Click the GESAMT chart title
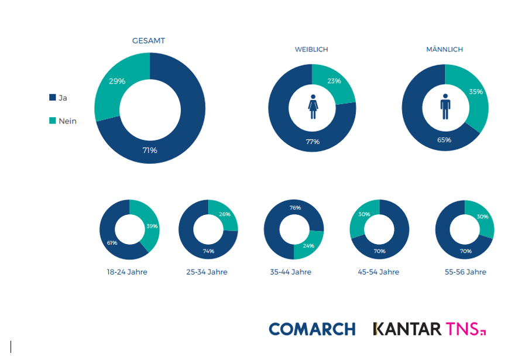[148, 41]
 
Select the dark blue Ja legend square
[53, 98]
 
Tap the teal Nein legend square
[53, 121]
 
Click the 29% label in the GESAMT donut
[117, 81]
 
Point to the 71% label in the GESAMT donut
[150, 150]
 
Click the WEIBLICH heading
[311, 50]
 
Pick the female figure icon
[313, 107]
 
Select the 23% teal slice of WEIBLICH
[334, 81]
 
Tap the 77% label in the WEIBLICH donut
[312, 142]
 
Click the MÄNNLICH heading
[445, 50]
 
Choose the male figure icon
[445, 107]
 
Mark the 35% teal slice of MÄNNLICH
[475, 92]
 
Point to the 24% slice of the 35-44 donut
[308, 246]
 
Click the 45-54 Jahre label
[379, 272]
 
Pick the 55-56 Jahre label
[465, 272]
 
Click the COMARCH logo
[312, 329]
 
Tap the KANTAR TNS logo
[430, 329]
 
